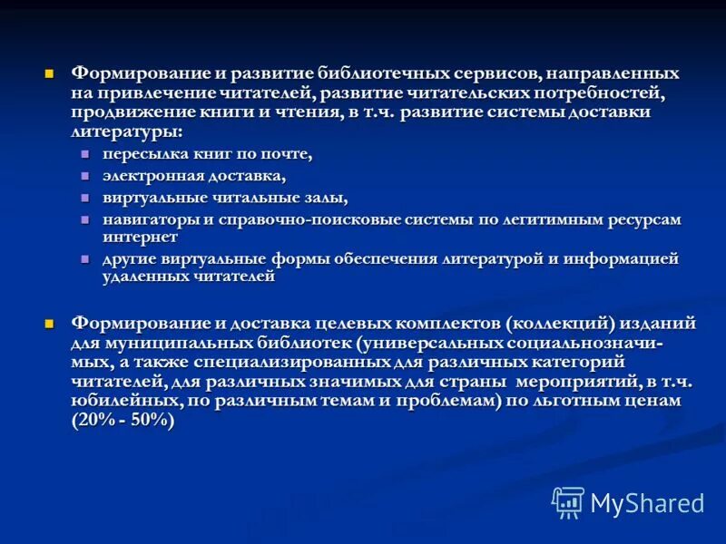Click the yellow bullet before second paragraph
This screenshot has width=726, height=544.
tap(51, 323)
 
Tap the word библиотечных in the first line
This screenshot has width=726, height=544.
tap(384, 73)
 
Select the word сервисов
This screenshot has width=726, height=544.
tap(502, 73)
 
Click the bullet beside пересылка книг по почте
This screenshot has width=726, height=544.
tap(85, 153)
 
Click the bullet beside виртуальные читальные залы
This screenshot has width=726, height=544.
tap(85, 198)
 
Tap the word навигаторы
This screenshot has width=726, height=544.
tap(146, 219)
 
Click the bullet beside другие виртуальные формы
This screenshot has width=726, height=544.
tap(85, 259)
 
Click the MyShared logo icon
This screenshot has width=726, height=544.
tap(568, 501)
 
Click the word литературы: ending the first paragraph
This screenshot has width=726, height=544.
tap(126, 132)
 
